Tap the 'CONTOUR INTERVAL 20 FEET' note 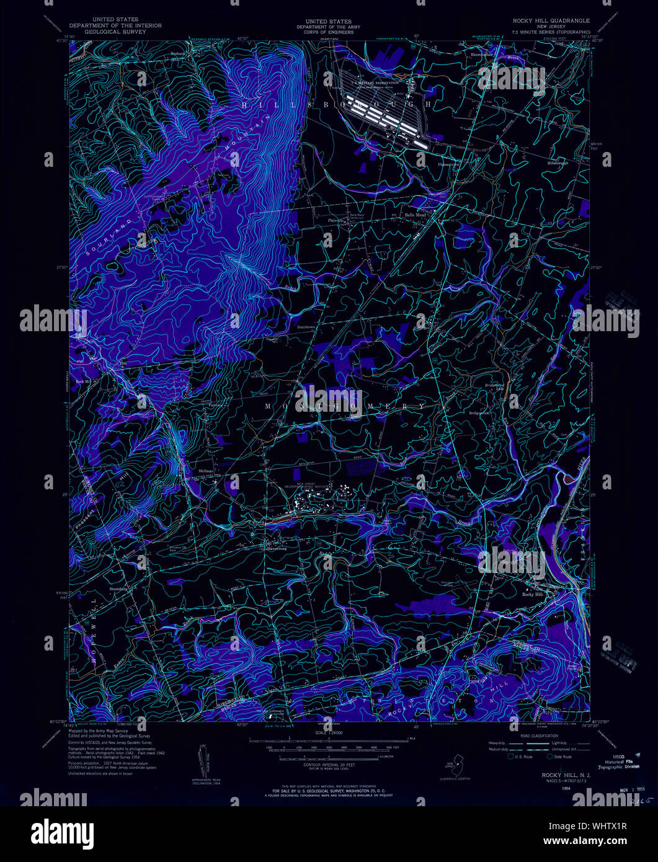tap(329, 766)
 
